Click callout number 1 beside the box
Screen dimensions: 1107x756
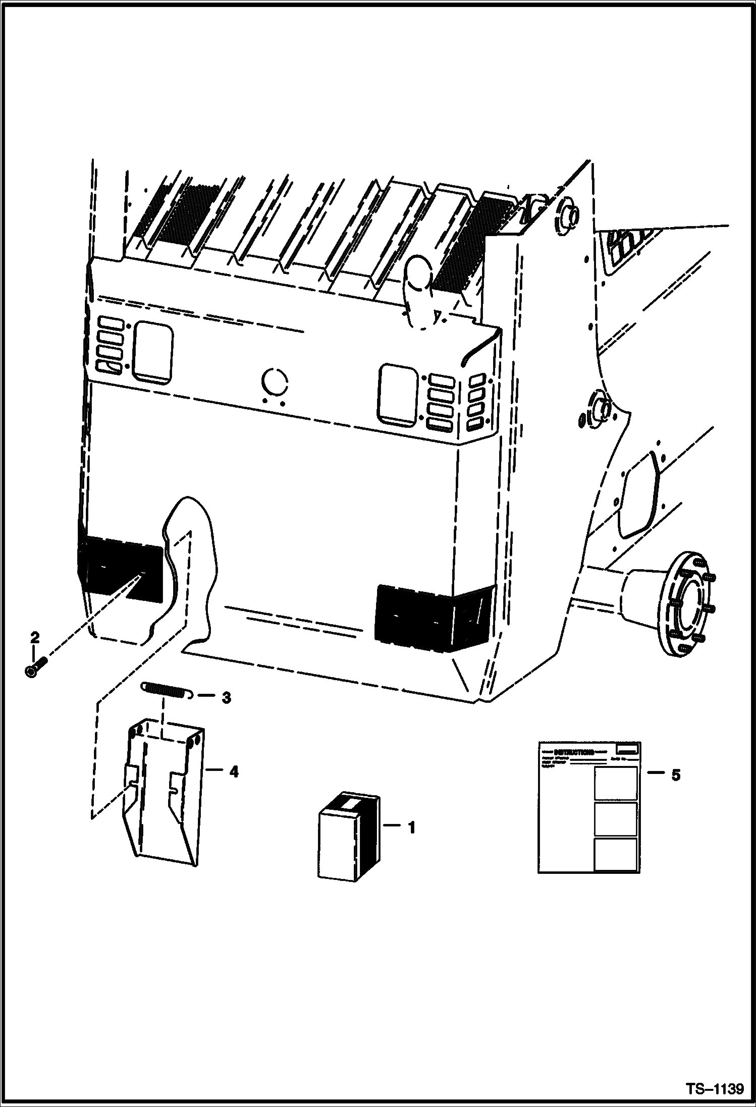click(411, 828)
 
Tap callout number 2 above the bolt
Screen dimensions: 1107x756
click(34, 638)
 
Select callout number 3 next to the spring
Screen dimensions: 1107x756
click(226, 698)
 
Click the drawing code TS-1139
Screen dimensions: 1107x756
click(714, 1088)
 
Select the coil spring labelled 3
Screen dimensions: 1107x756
click(166, 690)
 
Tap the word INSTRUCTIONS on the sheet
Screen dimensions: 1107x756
click(574, 752)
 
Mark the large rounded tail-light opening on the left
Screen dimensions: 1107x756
click(152, 351)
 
